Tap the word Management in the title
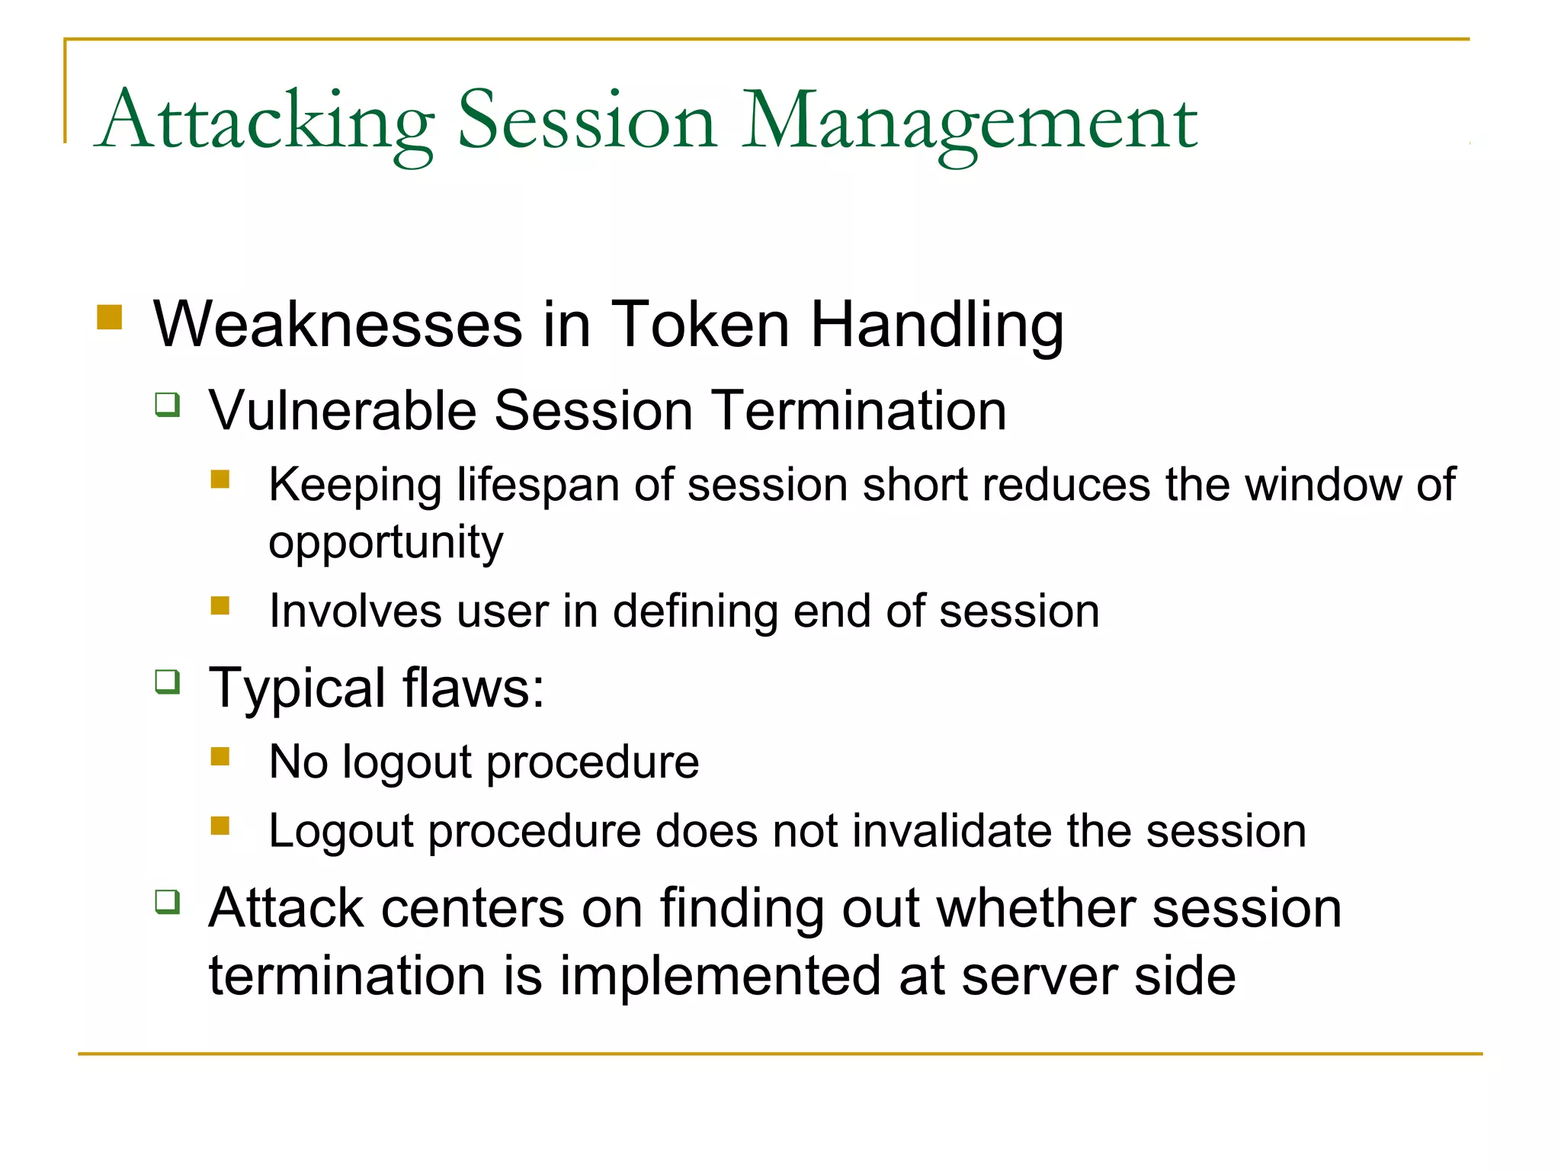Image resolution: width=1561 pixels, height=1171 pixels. (970, 122)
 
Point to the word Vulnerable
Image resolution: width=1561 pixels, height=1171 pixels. (342, 411)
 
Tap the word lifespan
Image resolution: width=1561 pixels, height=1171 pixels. (538, 485)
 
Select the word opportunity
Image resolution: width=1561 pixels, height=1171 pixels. (386, 543)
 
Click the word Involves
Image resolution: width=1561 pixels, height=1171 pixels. (355, 611)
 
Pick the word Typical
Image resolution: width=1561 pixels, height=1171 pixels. (297, 688)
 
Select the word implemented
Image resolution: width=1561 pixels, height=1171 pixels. (721, 976)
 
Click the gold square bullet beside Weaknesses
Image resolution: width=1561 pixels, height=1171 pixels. (110, 317)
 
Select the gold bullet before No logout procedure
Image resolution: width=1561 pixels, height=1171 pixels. (220, 756)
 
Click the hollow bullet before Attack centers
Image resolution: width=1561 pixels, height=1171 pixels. (168, 902)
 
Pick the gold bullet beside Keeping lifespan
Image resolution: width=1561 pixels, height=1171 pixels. (220, 479)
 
